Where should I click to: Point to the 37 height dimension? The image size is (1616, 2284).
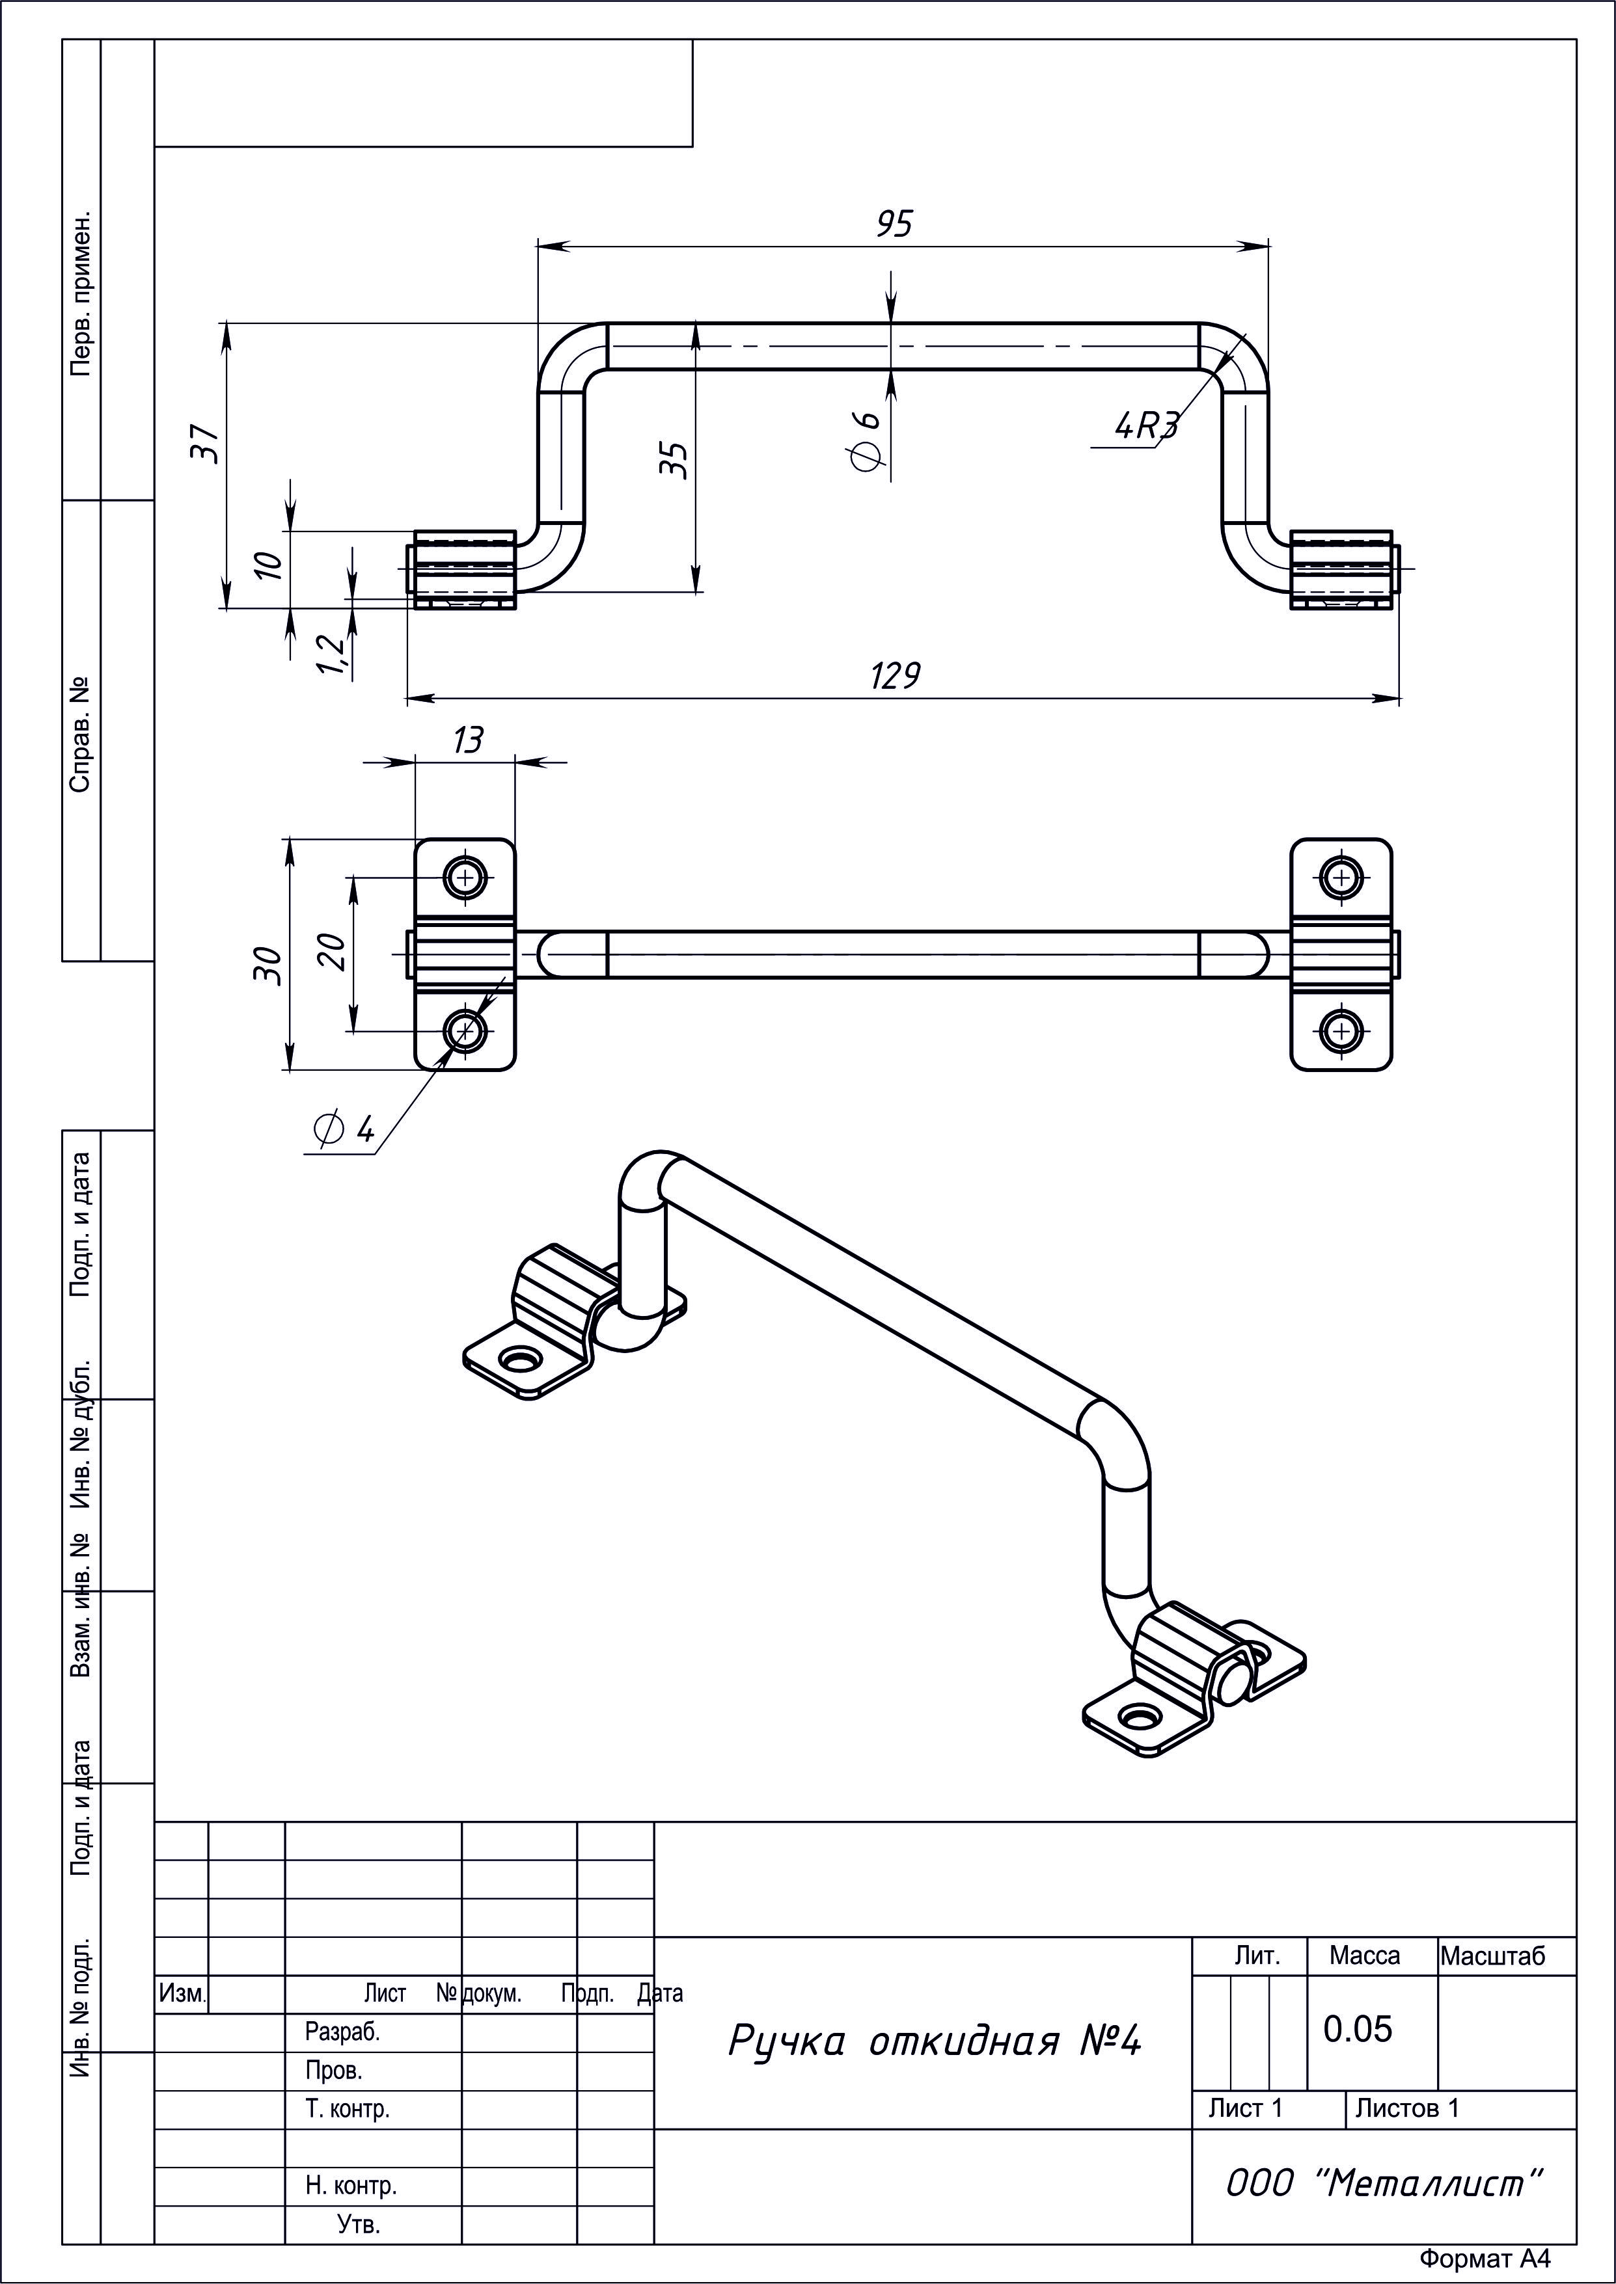coord(204,444)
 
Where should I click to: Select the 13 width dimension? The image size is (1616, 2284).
coord(468,740)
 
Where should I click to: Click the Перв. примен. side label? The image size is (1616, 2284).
coord(81,293)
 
